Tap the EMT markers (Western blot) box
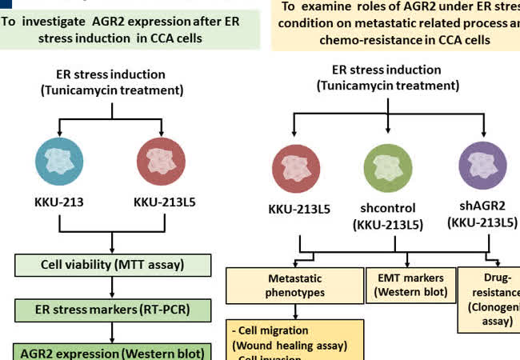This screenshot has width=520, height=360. (x=410, y=284)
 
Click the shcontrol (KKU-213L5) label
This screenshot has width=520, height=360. (x=388, y=216)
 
